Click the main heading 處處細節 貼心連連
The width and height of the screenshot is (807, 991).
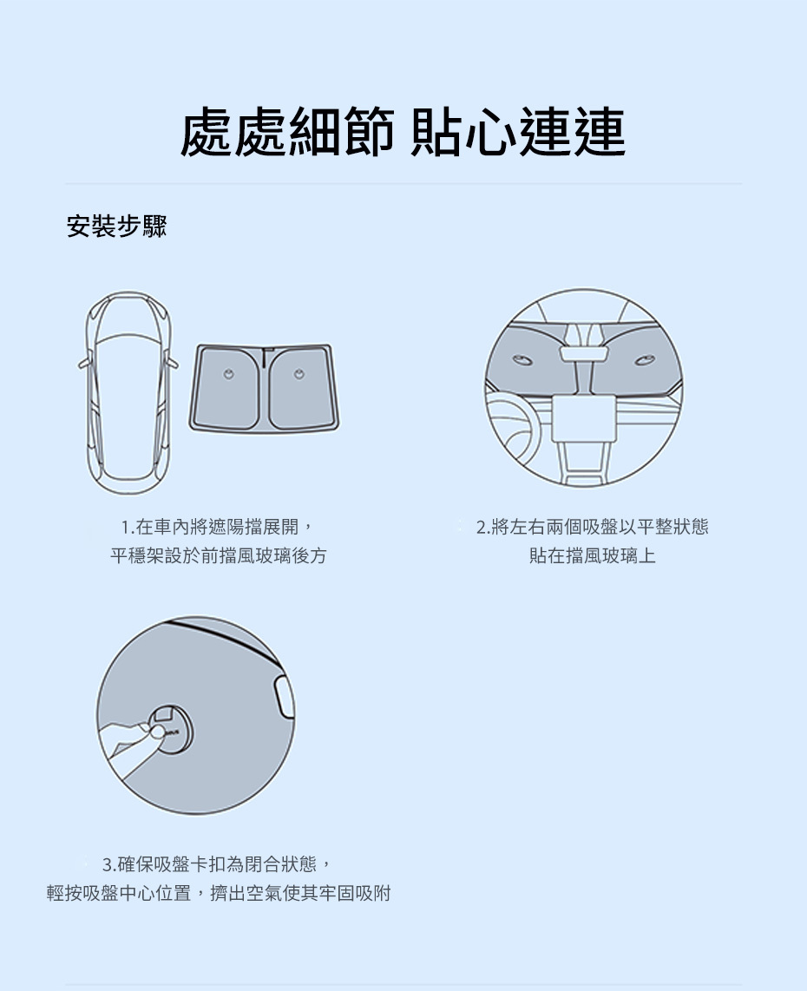403,131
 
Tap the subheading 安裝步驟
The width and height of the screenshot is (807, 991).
117,226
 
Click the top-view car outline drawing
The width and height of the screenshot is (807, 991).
128,393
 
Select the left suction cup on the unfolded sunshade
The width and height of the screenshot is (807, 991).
229,374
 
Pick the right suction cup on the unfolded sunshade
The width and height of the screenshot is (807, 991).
299,374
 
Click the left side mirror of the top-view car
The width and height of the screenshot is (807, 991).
85,364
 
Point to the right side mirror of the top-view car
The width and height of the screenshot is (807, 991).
171,364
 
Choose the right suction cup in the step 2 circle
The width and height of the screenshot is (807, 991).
645,360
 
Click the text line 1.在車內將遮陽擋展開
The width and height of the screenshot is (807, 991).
217,527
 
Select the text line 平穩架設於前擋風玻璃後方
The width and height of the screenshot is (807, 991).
218,555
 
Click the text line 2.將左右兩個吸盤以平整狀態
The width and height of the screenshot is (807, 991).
592,527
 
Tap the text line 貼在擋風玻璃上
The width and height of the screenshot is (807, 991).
592,555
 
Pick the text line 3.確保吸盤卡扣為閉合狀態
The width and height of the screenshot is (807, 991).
217,863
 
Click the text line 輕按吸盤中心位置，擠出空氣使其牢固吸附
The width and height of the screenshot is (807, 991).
219,893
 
